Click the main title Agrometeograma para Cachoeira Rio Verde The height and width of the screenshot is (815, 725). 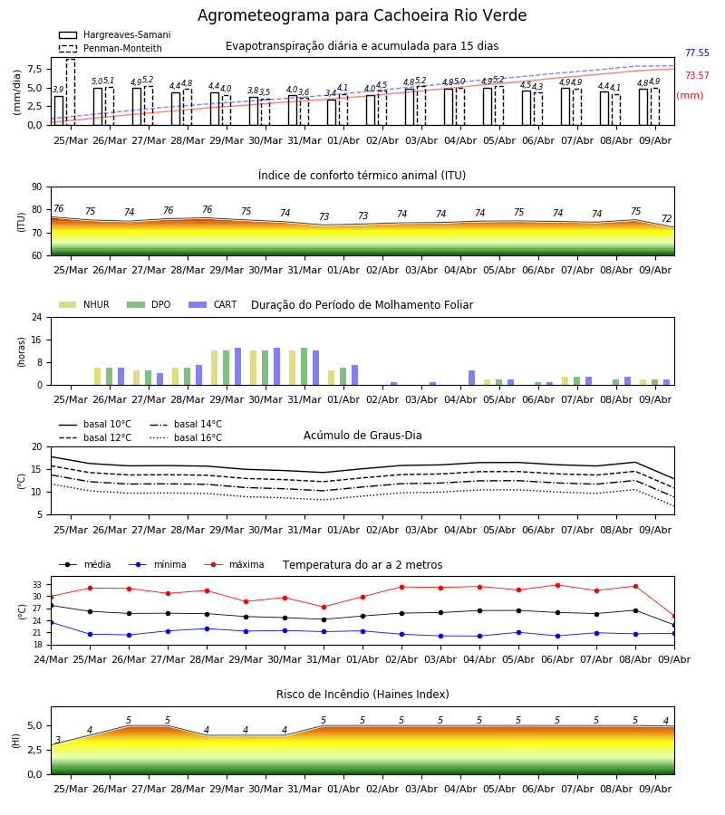tap(362, 15)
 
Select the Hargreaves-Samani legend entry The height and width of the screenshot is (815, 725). tap(115, 34)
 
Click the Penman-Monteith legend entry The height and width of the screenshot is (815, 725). tap(111, 48)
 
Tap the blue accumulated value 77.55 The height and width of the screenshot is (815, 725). tap(697, 53)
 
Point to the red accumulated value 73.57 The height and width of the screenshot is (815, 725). tap(697, 75)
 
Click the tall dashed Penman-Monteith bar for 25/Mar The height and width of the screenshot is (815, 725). tap(71, 92)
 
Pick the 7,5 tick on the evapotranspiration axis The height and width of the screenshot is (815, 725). tap(34, 69)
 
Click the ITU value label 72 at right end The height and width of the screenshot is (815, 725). tap(667, 218)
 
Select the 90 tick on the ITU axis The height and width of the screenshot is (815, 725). tap(37, 187)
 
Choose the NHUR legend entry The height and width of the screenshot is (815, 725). tap(84, 304)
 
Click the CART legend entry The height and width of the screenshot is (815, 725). tap(213, 304)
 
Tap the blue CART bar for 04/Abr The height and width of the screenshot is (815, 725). tap(472, 378)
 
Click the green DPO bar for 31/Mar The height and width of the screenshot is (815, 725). tap(304, 367)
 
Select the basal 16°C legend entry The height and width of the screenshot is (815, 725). tap(186, 437)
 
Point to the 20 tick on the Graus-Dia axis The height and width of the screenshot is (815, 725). tap(37, 447)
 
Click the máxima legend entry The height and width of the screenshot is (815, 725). tap(234, 564)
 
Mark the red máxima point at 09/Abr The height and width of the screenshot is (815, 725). tap(674, 617)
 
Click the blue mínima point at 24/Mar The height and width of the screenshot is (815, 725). tap(51, 622)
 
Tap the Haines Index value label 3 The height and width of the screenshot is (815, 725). tap(58, 740)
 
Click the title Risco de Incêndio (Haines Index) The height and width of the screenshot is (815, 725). tap(362, 695)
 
